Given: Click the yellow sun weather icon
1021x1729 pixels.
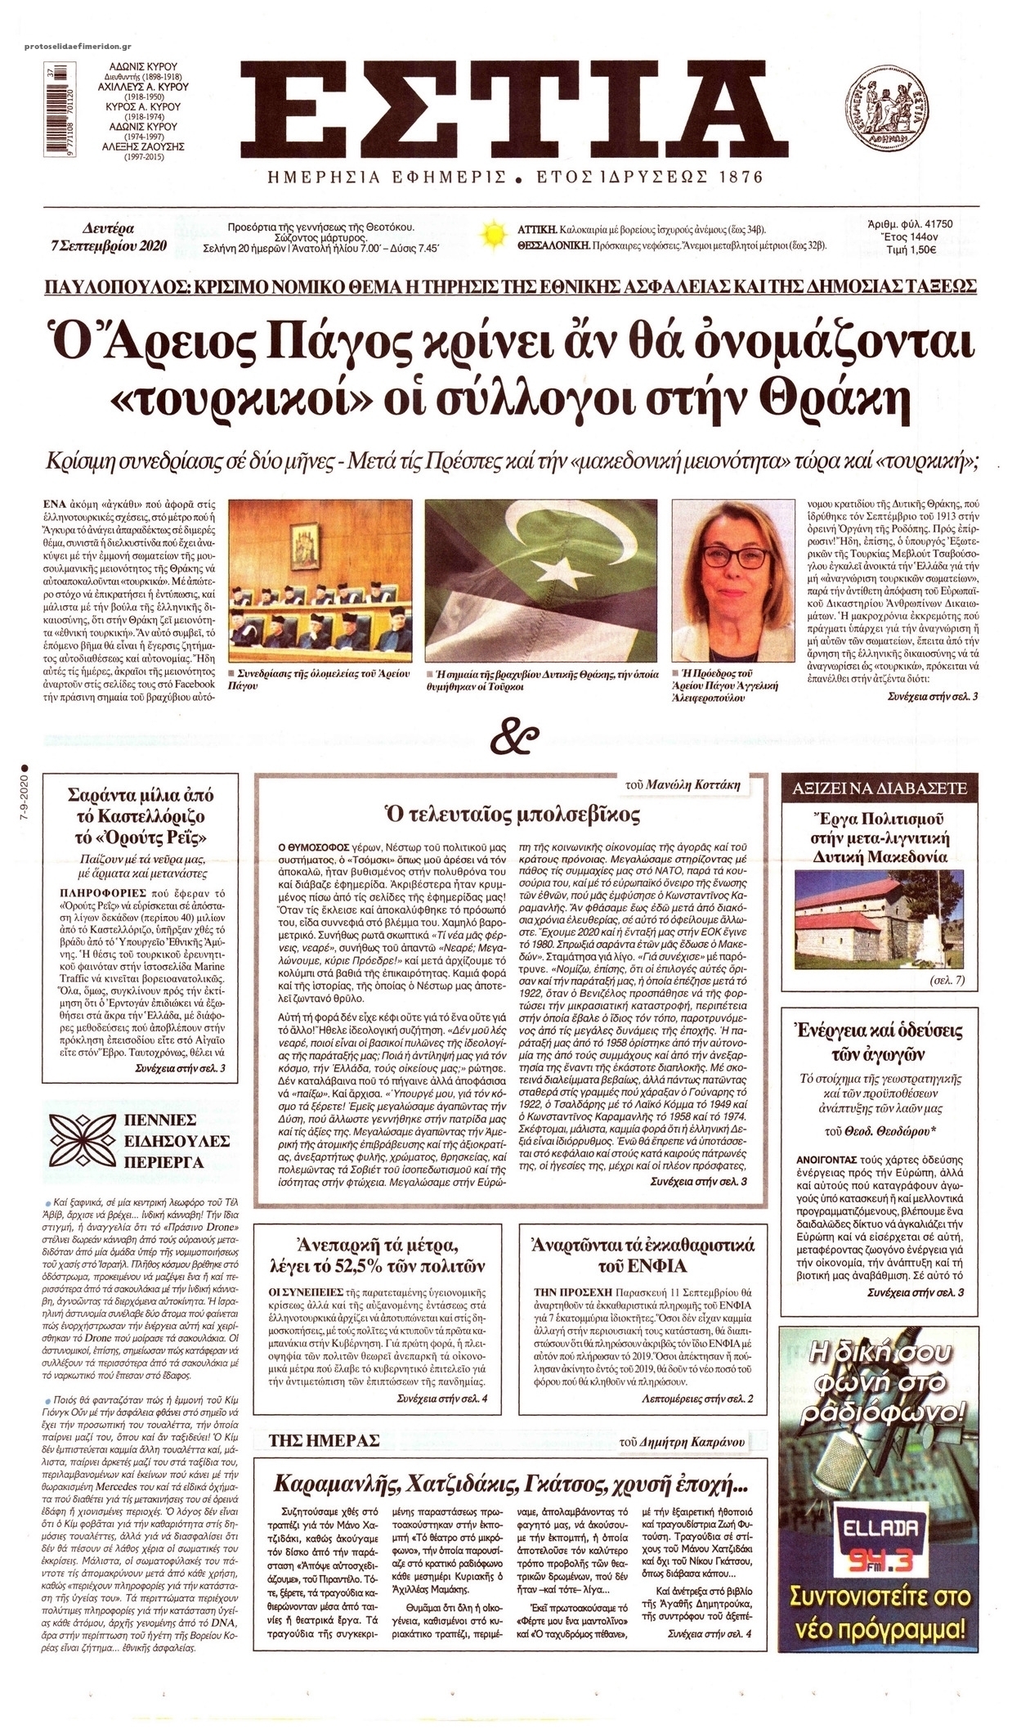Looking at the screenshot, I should click(493, 236).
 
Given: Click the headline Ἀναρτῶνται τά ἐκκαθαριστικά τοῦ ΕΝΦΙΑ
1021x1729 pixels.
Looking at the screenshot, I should click(643, 1257).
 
